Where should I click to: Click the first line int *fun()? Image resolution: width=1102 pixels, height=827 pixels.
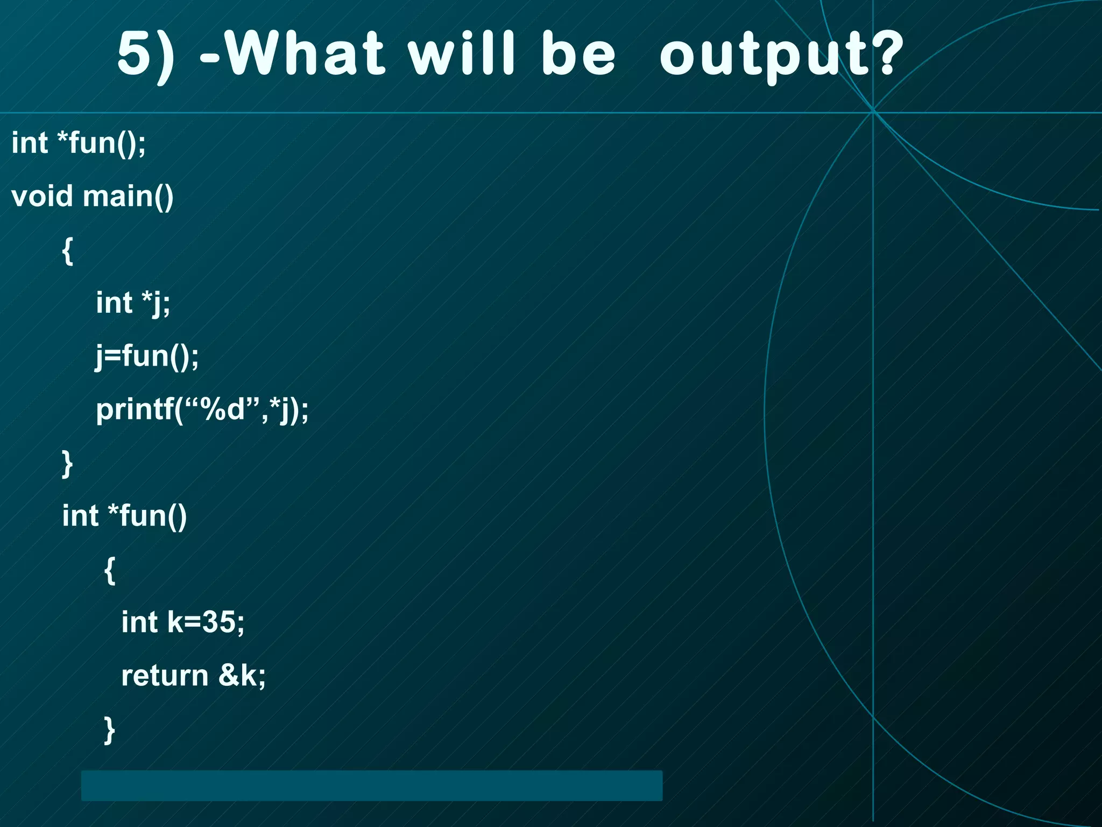(79, 143)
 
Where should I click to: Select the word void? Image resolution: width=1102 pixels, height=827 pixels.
(41, 196)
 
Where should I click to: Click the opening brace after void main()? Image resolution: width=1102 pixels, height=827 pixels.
(67, 250)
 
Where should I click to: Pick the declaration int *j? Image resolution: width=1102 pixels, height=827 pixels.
(133, 303)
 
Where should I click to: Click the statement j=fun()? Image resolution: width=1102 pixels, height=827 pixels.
(147, 356)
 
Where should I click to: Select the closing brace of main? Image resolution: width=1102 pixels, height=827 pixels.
(67, 464)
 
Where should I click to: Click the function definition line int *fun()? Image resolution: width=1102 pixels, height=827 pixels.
(124, 516)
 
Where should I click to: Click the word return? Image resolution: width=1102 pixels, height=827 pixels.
(164, 676)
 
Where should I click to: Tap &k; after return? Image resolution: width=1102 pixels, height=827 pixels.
(242, 675)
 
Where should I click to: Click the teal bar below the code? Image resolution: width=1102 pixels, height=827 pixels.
(371, 786)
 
